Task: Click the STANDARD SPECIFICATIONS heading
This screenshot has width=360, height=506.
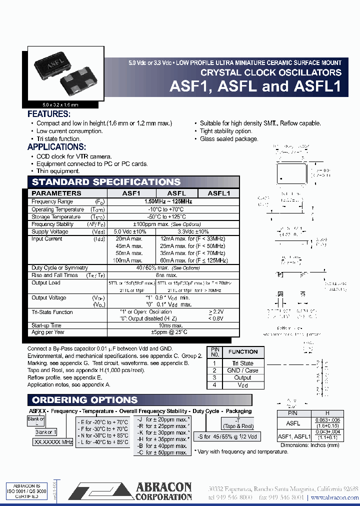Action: point(106,182)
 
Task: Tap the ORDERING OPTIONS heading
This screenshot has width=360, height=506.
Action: point(84,400)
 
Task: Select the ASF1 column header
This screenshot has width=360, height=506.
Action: point(131,193)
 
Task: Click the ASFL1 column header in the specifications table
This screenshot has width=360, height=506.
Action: point(218,193)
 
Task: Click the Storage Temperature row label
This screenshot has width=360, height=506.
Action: point(55,217)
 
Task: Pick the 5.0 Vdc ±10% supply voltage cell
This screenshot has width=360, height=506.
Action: point(130,232)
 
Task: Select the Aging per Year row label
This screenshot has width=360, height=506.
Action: point(48,332)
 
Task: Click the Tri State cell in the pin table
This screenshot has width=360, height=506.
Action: point(243,363)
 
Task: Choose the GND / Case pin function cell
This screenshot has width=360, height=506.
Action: point(243,370)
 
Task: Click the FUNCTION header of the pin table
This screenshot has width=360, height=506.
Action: point(243,352)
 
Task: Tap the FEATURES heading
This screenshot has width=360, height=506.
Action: point(52,113)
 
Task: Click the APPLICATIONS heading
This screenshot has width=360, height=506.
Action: point(56,147)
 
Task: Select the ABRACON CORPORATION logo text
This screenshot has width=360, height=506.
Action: point(163,492)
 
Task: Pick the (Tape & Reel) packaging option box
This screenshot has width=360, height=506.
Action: point(238,426)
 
